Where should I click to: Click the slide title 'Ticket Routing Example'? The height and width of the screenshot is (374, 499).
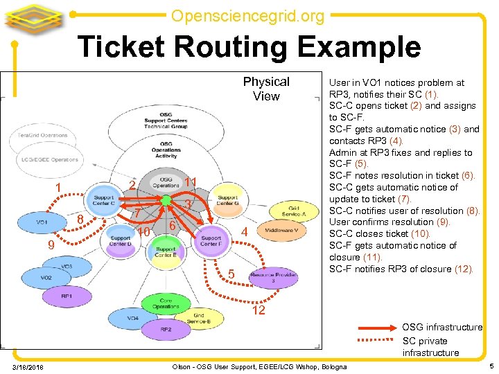pyautogui.click(x=249, y=47)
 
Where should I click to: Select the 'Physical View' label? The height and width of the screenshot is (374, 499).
pyautogui.click(x=266, y=89)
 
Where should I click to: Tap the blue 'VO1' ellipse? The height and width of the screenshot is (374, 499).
pyautogui.click(x=42, y=222)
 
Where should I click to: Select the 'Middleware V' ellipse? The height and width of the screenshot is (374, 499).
pyautogui.click(x=281, y=230)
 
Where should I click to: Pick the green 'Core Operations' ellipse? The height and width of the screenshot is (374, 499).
pyautogui.click(x=166, y=303)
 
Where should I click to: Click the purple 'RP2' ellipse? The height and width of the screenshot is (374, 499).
pyautogui.click(x=166, y=329)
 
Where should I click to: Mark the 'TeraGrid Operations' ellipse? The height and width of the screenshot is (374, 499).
pyautogui.click(x=43, y=135)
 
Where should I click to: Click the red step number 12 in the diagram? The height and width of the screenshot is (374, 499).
pyautogui.click(x=258, y=310)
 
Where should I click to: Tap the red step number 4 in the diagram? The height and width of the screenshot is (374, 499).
pyautogui.click(x=244, y=231)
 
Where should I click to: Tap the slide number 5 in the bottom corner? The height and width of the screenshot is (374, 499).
pyautogui.click(x=491, y=365)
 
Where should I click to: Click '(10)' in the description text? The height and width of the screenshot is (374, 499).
pyautogui.click(x=420, y=233)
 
